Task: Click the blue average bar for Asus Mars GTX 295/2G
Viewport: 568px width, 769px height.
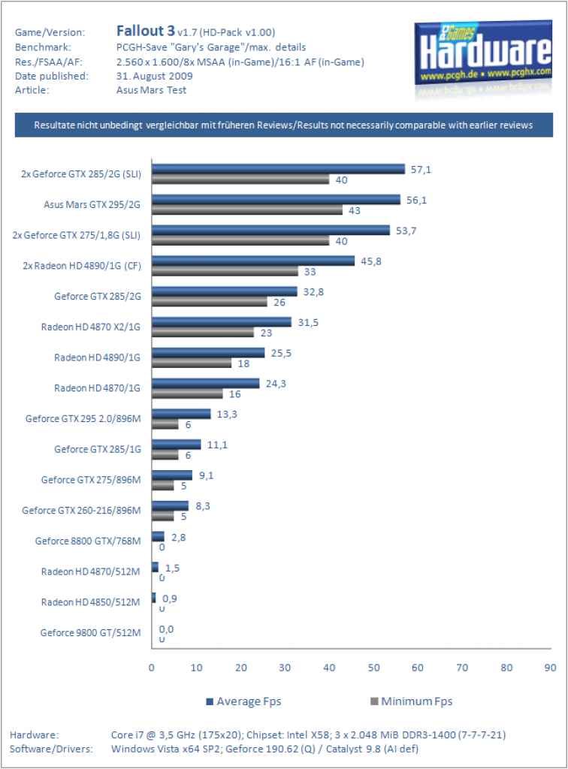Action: click(276, 200)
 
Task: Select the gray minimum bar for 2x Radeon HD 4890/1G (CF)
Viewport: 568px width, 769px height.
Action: click(225, 271)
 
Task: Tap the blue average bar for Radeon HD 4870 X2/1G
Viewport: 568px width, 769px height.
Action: click(222, 322)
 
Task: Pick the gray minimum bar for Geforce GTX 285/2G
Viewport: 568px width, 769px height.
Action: click(210, 302)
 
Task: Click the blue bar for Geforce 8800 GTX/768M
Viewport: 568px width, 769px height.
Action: click(158, 536)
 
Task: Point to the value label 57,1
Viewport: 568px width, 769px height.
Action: click(421, 170)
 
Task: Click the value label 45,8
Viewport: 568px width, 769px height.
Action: click(371, 261)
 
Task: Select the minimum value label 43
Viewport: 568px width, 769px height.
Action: click(354, 211)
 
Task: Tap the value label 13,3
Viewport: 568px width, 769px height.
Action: click(227, 415)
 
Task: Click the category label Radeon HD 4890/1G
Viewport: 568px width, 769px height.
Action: click(97, 357)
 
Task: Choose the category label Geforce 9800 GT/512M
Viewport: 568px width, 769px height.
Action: click(90, 632)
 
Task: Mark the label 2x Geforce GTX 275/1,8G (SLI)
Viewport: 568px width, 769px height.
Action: click(77, 235)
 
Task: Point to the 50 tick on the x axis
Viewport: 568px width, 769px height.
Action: click(373, 668)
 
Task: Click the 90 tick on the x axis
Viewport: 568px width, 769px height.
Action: click(550, 668)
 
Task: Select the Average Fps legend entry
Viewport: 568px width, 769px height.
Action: click(243, 701)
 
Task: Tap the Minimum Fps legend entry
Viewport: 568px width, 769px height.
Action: click(412, 701)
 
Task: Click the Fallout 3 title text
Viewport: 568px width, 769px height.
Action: click(145, 31)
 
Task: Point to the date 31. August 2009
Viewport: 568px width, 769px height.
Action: click(155, 76)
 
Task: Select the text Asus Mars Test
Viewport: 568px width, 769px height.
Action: click(151, 90)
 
